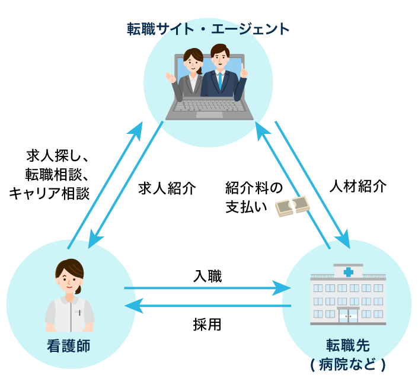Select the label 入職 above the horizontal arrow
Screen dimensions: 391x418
tap(208, 275)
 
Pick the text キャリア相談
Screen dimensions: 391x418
tap(50, 193)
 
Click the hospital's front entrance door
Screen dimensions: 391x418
tap(348, 315)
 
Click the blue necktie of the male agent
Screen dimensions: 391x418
tap(220, 82)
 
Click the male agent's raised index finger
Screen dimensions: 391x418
tap(244, 66)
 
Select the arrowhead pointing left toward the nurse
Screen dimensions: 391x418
tap(132, 306)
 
